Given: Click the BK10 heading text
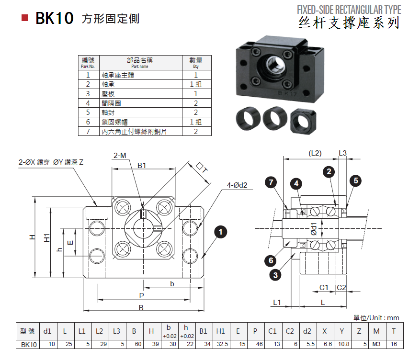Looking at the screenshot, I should pos(55,19).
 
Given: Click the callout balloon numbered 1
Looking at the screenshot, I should pos(220,233).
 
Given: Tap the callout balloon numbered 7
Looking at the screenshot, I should pos(272,182).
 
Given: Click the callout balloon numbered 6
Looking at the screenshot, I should pos(271,260).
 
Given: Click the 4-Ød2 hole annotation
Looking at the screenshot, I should pos(237,185).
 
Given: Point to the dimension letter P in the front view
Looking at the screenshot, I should pos(141,295).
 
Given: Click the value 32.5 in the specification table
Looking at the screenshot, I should pos(220,344).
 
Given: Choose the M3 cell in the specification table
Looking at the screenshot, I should pos(376,344).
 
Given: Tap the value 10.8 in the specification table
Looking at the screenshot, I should pos(341,344).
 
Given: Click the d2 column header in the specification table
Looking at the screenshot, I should pos(307,331).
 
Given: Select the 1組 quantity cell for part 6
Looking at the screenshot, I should pos(195,122).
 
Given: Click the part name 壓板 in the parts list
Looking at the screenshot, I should pos(108,94).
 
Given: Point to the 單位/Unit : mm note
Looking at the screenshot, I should pos(376,318).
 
